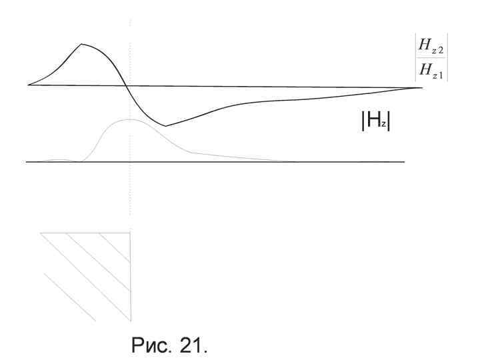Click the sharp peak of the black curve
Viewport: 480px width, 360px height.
coord(81,44)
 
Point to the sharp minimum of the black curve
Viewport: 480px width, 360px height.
coord(165,126)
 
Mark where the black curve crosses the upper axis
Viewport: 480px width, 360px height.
coord(127,86)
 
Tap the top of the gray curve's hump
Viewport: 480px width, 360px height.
coord(130,119)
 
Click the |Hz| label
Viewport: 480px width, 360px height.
coord(375,121)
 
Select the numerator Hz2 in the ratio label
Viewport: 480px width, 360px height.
coord(431,46)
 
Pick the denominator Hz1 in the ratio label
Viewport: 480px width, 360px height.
coord(431,71)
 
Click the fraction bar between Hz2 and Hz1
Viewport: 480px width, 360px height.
coord(431,57)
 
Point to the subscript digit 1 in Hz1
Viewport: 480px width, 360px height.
coord(441,75)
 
